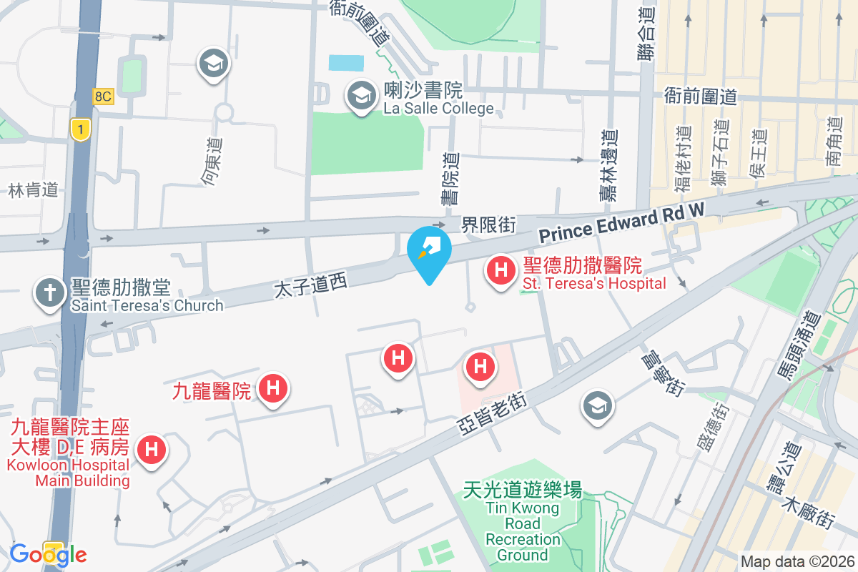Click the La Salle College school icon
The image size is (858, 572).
(x=362, y=96)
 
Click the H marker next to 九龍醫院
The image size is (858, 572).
(x=272, y=390)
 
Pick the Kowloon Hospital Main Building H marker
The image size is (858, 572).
(x=151, y=450)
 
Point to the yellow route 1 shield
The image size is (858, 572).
(x=81, y=129)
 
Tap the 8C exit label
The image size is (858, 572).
(x=103, y=97)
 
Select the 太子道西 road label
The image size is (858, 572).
(x=310, y=286)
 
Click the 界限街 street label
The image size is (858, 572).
(x=488, y=225)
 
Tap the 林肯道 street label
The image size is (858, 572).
(x=33, y=190)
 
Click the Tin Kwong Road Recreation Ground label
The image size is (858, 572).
(x=523, y=522)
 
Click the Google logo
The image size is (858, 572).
(x=48, y=554)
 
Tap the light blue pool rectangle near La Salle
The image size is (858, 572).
(x=346, y=62)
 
